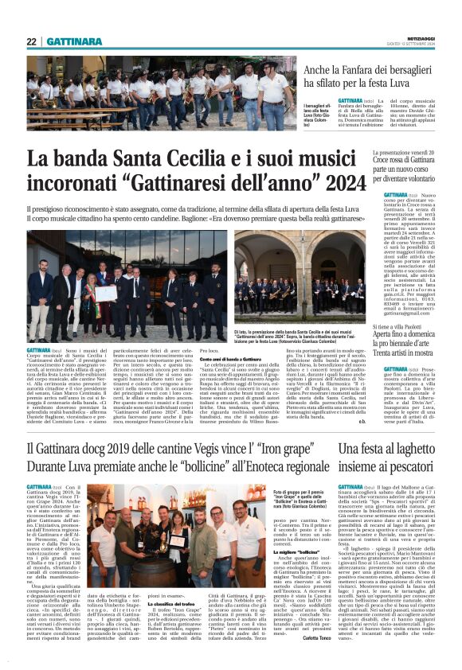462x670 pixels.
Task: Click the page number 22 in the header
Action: [32, 42]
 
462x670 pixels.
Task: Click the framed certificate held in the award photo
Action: [106, 293]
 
